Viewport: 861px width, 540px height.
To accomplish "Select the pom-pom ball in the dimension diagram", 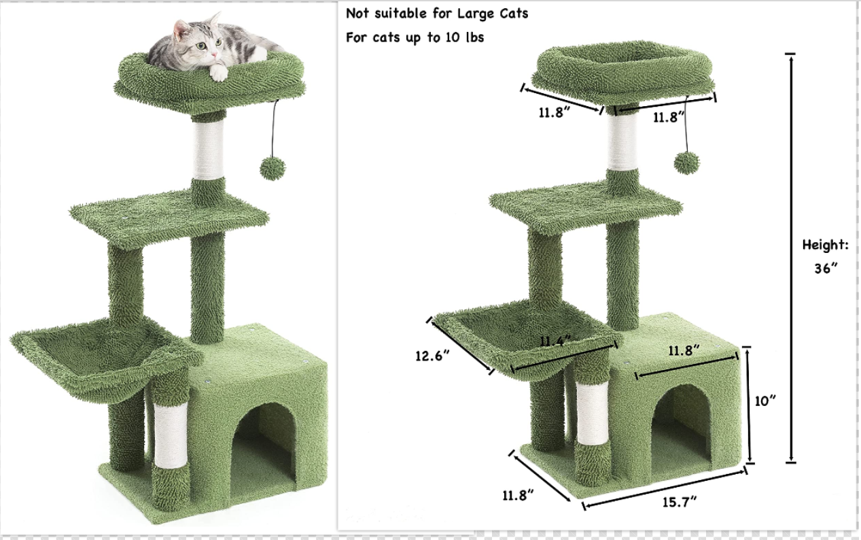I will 686,163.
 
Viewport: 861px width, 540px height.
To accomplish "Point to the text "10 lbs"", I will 463,37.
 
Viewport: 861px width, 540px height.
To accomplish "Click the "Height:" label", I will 825,245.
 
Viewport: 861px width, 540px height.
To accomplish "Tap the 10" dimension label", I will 765,401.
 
